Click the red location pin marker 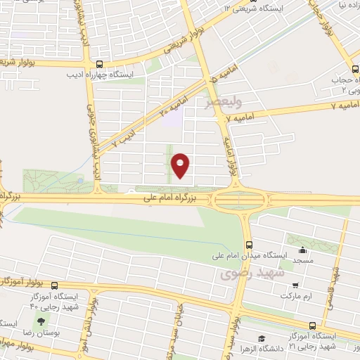tap(181, 165)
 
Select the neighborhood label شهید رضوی tap(250, 272)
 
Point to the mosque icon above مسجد tap(303, 250)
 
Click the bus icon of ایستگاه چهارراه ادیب tap(98, 61)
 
